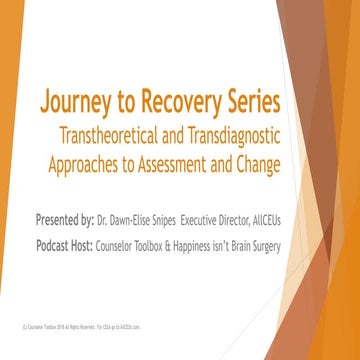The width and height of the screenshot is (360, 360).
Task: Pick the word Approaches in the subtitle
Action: click(98, 163)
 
